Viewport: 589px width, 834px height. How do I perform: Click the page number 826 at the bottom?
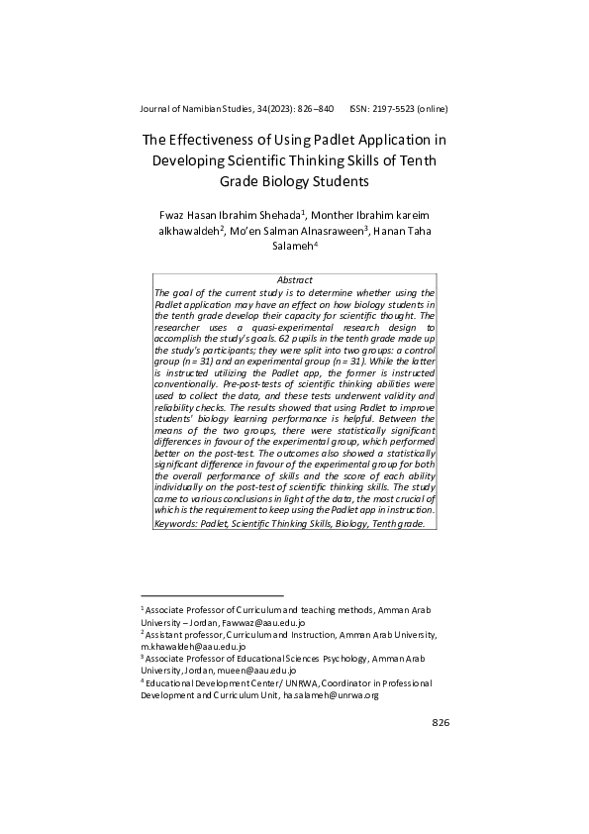click(441, 723)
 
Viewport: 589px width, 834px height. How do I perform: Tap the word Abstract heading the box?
click(294, 280)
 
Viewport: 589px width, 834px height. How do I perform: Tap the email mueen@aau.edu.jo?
click(231, 669)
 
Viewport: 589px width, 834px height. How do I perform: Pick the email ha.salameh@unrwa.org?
click(331, 695)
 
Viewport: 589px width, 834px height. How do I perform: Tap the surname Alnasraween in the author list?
click(319, 232)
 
